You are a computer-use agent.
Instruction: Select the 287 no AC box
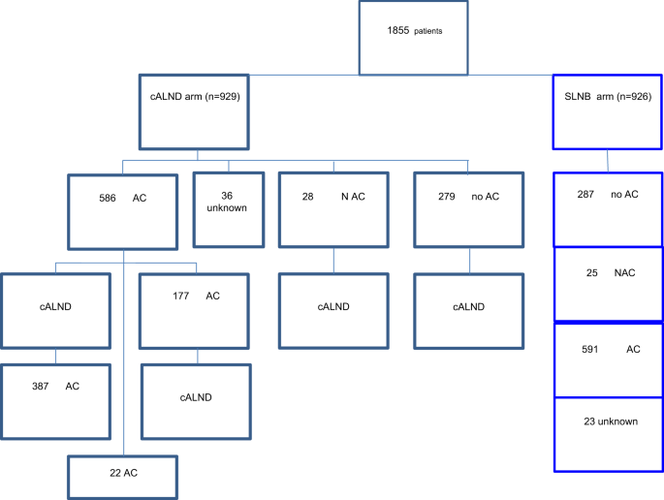click(608, 208)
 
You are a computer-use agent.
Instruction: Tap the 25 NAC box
click(608, 283)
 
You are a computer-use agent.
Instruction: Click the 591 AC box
click(608, 359)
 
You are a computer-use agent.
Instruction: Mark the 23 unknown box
click(608, 434)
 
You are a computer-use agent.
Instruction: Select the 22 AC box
click(123, 475)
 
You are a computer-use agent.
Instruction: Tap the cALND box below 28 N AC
click(334, 310)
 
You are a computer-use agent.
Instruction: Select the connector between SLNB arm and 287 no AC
click(608, 161)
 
